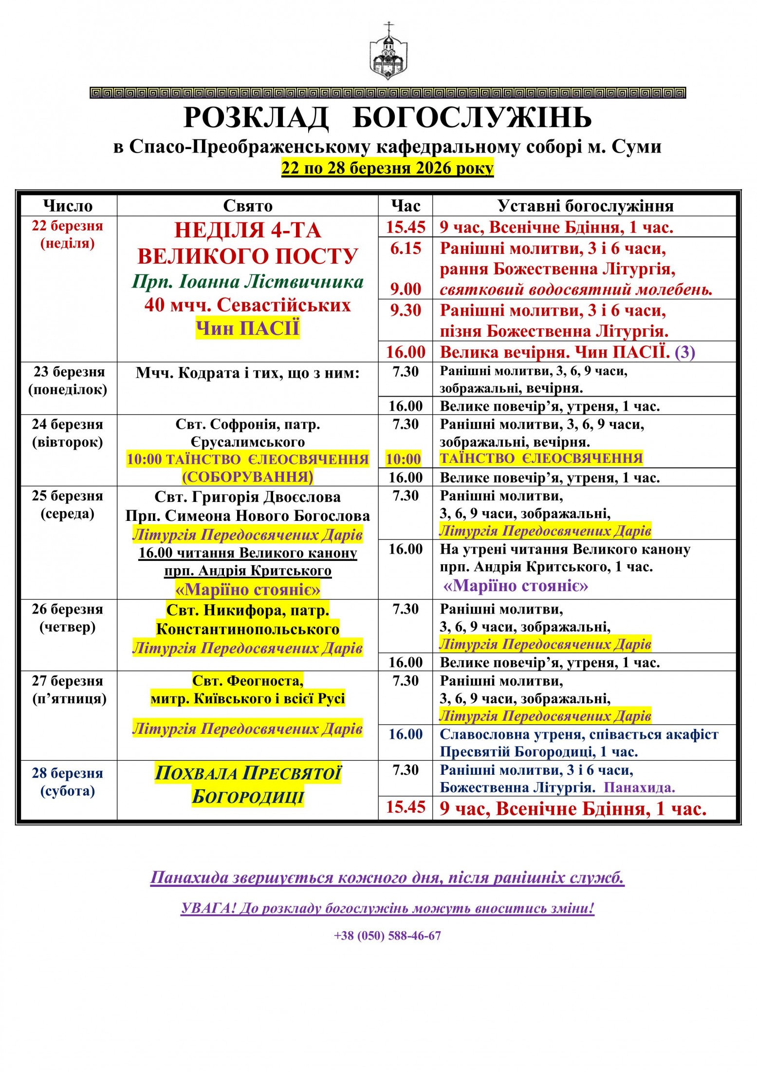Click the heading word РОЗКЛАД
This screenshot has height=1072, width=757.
(x=256, y=118)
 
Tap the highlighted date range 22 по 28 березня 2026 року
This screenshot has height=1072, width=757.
(x=388, y=168)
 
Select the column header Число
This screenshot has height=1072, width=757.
(x=68, y=206)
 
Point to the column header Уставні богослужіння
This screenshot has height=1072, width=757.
(x=585, y=206)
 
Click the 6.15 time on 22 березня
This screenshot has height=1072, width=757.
(x=406, y=249)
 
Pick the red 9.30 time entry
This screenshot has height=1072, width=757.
(x=406, y=310)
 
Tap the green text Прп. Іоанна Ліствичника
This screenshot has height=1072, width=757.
(x=248, y=282)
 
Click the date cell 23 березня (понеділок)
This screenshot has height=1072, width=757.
(x=68, y=381)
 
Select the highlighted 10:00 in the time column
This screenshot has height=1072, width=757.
(x=404, y=459)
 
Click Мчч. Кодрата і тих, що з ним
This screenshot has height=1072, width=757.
(x=248, y=373)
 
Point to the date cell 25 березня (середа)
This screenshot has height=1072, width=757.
(x=68, y=505)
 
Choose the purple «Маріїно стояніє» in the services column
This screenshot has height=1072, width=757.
(x=516, y=586)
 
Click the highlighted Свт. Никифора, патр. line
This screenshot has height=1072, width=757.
(x=248, y=610)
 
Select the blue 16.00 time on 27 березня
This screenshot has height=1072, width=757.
(x=406, y=734)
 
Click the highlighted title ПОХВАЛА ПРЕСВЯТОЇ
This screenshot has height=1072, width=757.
(x=248, y=773)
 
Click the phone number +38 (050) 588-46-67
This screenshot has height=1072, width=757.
(x=388, y=936)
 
